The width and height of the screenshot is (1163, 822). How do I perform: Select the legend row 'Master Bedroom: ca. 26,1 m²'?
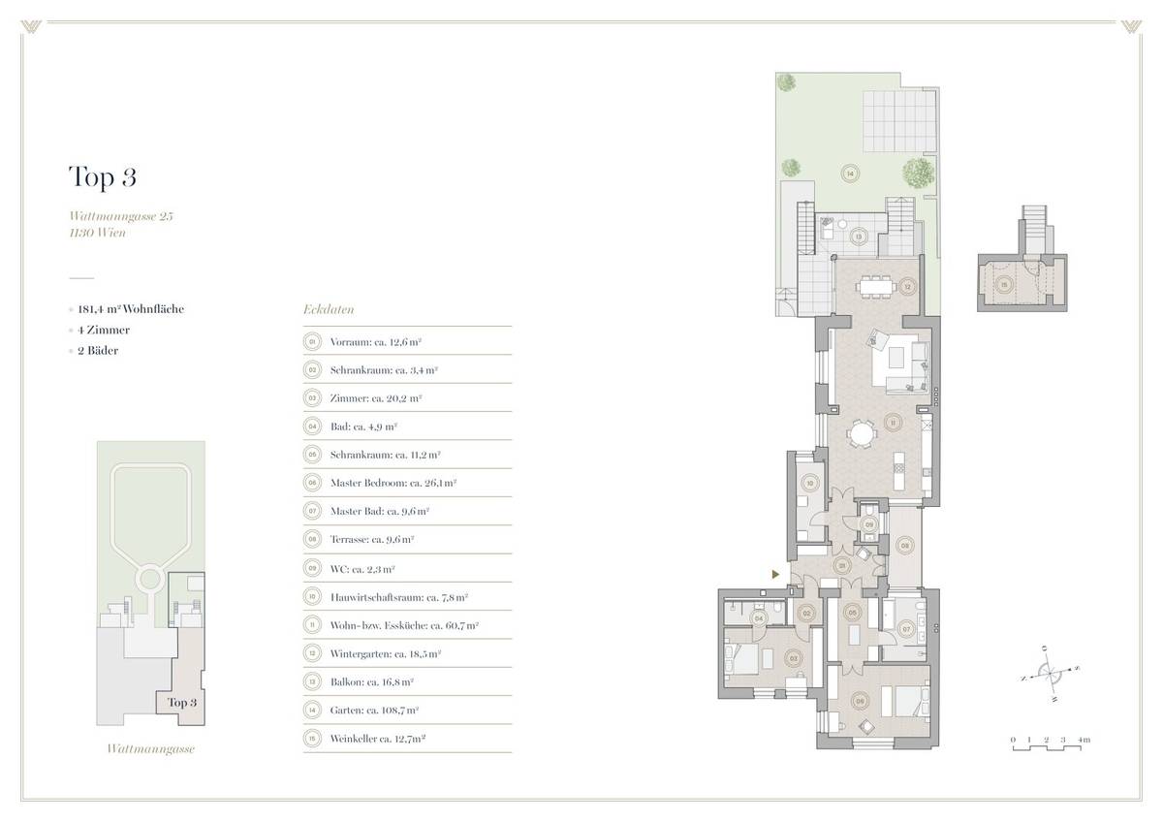393,482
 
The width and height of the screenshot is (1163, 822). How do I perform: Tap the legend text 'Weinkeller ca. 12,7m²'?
379,738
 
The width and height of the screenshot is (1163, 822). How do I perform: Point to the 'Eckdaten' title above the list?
330,311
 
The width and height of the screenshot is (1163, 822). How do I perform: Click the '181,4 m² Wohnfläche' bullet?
132,309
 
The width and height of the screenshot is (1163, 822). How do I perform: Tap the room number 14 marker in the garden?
850,174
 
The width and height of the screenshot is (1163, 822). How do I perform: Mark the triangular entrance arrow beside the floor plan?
774,575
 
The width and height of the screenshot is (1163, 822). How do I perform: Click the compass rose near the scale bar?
1049,671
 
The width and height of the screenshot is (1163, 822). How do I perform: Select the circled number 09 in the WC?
869,523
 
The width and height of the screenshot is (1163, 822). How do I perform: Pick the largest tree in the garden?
917,173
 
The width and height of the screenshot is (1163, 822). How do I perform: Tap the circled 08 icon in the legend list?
312,538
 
